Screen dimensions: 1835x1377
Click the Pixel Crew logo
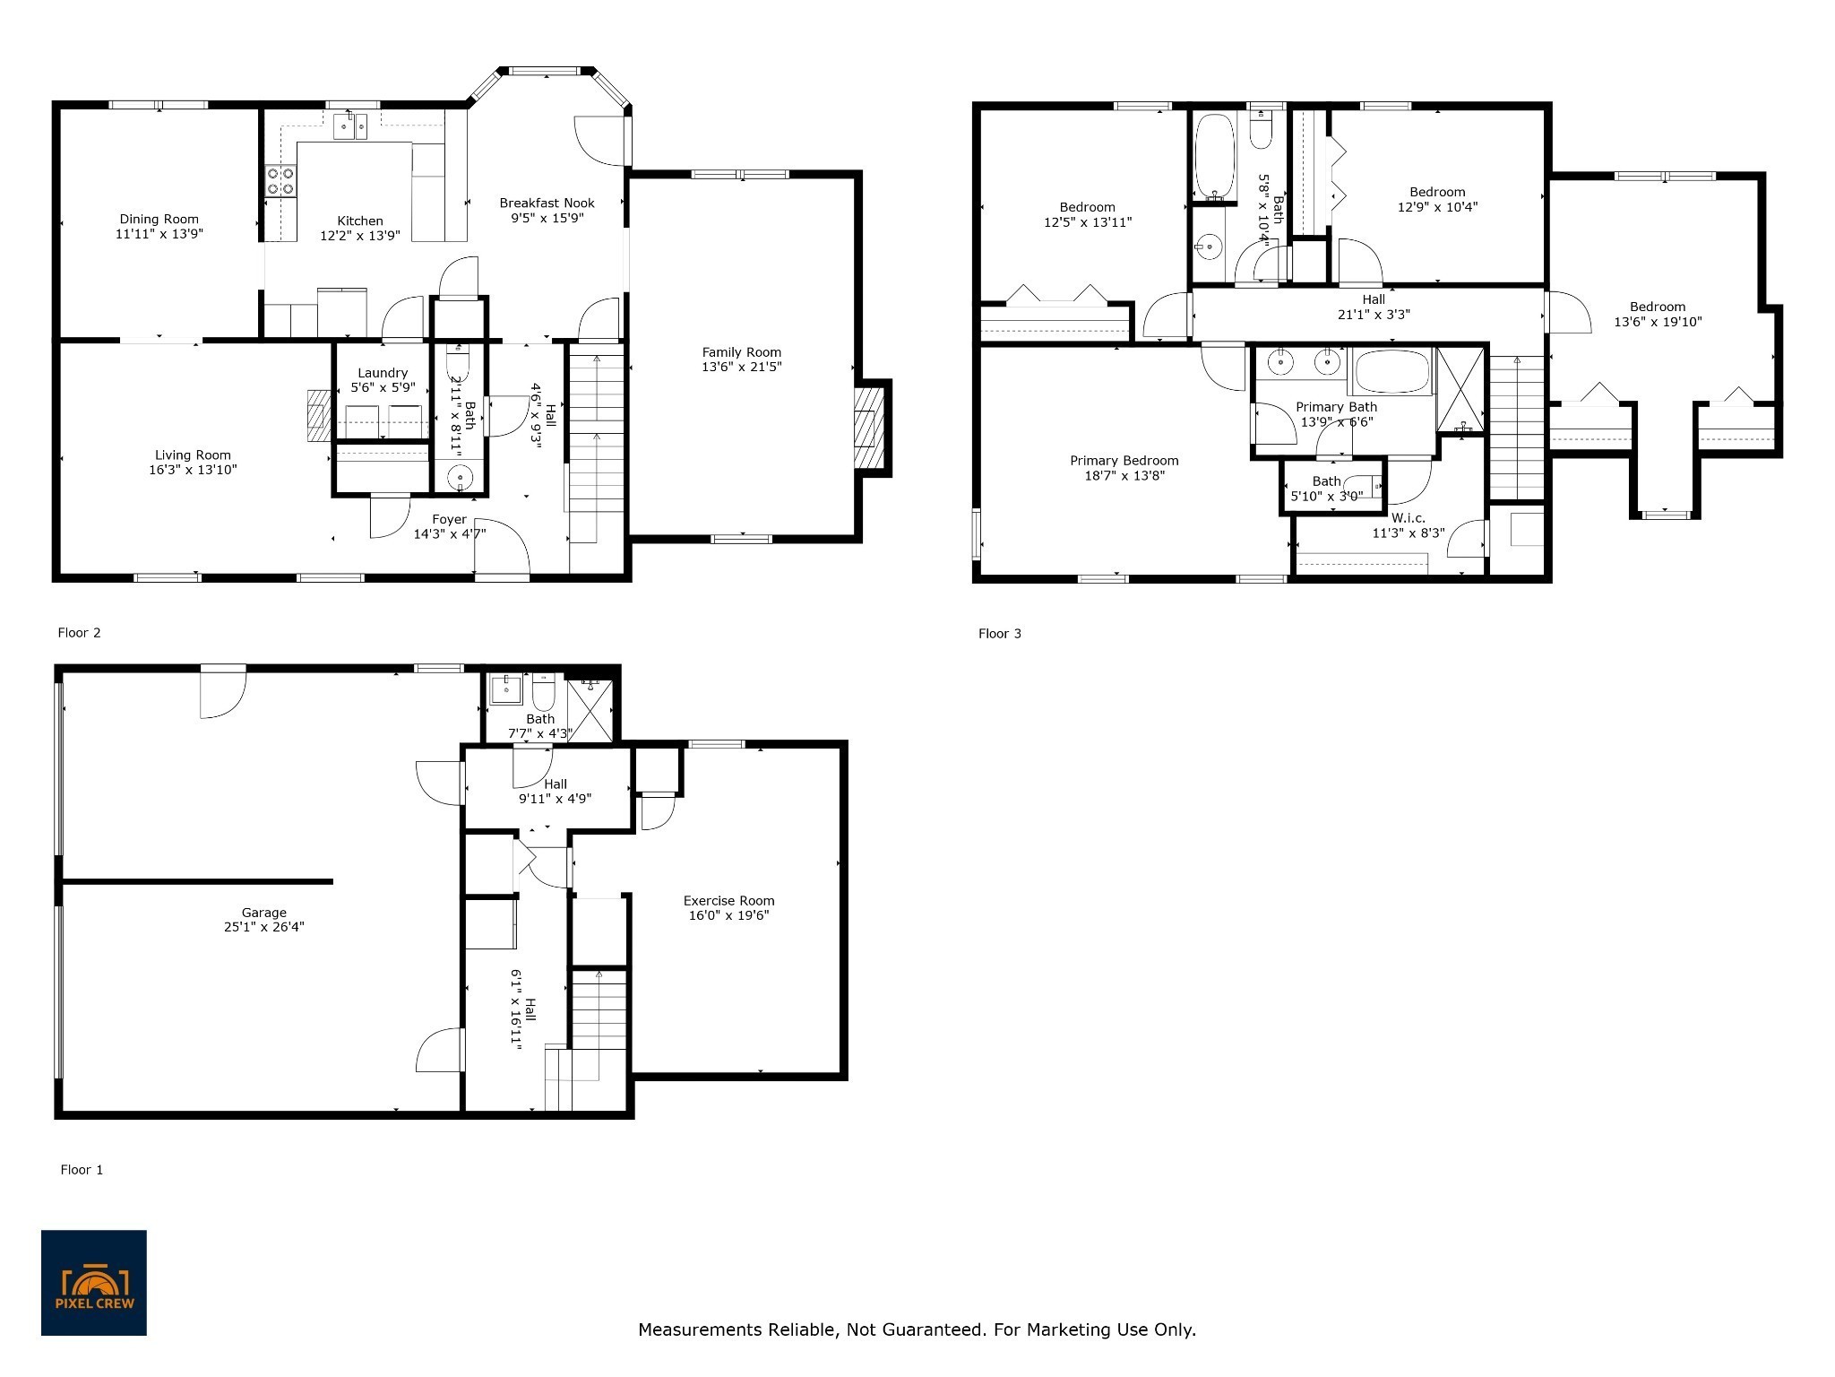(x=94, y=1282)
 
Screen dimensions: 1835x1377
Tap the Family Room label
(x=741, y=352)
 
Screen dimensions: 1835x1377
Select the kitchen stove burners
(x=280, y=181)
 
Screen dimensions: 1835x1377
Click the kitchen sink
(x=351, y=126)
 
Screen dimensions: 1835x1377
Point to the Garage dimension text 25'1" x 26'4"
(x=264, y=928)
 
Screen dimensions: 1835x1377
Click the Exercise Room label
(x=728, y=901)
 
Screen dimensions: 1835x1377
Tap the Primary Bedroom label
(x=1124, y=461)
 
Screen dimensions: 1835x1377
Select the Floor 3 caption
(x=999, y=634)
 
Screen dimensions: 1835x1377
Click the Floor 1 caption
(x=82, y=1170)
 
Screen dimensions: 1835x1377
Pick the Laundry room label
(x=383, y=373)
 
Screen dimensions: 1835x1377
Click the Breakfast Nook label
(x=547, y=204)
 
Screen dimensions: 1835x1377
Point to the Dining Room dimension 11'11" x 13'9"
(x=159, y=234)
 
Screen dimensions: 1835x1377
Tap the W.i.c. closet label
(x=1408, y=518)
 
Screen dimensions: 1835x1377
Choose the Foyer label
(x=449, y=520)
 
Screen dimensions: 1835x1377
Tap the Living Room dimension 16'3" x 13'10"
(x=193, y=470)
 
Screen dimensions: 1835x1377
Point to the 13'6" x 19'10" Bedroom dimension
(x=1658, y=322)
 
